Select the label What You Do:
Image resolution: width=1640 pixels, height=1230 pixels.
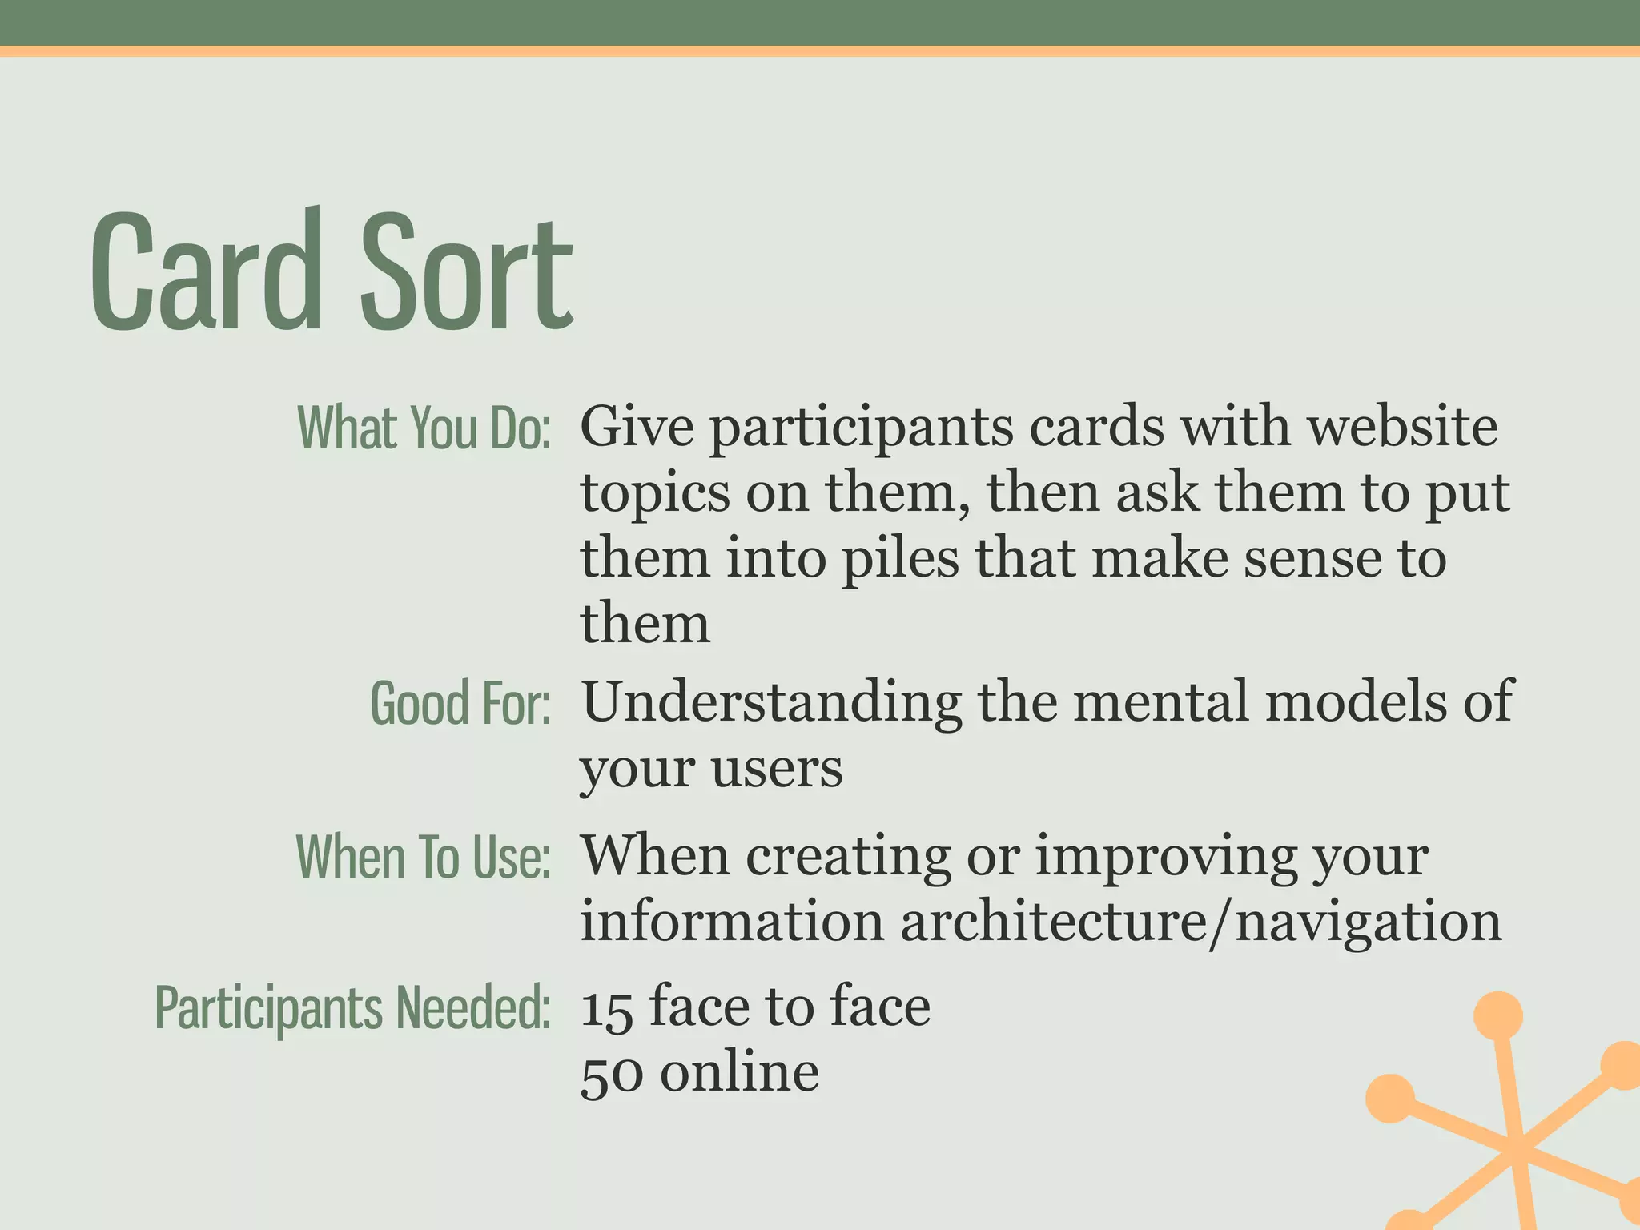tap(424, 428)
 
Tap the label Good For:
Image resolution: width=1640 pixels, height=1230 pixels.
tap(460, 703)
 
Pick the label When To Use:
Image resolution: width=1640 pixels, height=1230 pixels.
tap(423, 857)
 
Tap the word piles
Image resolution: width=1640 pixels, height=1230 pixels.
tap(900, 558)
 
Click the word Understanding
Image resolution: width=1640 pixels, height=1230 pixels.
tap(771, 702)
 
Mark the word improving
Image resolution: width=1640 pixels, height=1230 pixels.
tap(1164, 856)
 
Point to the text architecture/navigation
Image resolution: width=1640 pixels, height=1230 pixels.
tap(1200, 922)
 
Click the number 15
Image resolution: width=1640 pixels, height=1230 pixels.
tap(607, 1008)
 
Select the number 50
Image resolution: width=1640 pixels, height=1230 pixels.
tap(611, 1075)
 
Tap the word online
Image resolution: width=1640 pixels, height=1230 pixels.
tap(739, 1073)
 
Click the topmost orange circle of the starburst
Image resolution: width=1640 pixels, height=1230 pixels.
tap(1497, 1015)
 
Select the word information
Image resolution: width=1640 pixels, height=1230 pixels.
tap(731, 922)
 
